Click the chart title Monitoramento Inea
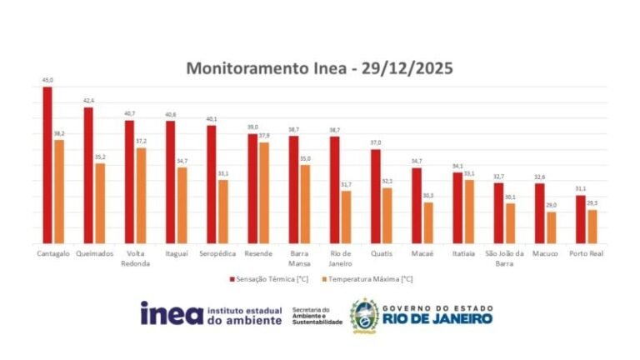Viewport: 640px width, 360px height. [x=319, y=68]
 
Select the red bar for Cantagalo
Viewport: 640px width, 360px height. [x=47, y=166]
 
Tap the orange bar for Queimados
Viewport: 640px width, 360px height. [x=100, y=203]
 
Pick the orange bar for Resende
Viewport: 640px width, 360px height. [x=264, y=192]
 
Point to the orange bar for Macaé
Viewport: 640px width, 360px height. [x=428, y=222]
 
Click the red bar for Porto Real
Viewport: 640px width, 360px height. [x=580, y=219]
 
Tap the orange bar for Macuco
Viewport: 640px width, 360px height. [x=551, y=227]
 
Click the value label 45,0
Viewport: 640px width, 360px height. [x=47, y=81]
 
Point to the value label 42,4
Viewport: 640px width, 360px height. [x=88, y=101]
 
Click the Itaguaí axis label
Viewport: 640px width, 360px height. [x=176, y=253]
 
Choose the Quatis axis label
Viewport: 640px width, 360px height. [x=381, y=253]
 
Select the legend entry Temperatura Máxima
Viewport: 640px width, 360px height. [x=368, y=279]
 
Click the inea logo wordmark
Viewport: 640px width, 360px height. [x=170, y=313]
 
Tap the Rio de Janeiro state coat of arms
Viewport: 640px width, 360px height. [x=364, y=315]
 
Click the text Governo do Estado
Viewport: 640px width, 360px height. [x=437, y=307]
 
